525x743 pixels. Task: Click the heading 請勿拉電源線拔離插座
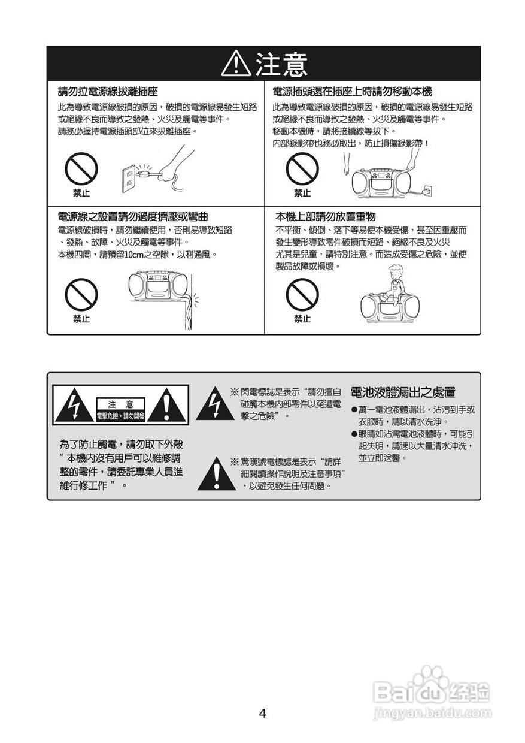coord(108,92)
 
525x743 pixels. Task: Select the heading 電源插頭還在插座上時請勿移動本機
coord(352,92)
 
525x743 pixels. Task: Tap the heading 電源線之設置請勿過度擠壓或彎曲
coord(133,216)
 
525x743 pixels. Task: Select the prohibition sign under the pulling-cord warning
coord(81,168)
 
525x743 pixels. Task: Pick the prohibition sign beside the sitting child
coord(302,295)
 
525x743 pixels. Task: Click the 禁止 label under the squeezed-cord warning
coord(81,319)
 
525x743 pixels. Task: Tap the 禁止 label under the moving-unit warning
coord(302,193)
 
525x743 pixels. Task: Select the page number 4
coord(262,713)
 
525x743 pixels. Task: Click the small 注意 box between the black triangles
coord(121,404)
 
